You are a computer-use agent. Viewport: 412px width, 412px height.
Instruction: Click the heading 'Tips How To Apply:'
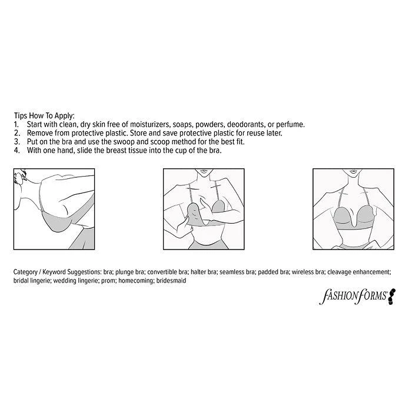click(44, 117)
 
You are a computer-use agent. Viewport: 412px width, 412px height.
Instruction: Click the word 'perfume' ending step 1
click(290, 125)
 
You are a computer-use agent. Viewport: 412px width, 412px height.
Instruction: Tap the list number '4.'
click(16, 150)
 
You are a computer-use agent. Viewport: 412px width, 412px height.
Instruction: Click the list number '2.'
click(16, 133)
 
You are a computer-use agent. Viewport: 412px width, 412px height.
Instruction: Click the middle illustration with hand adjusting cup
click(204, 205)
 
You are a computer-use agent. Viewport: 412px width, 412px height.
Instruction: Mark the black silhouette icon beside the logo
click(392, 295)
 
